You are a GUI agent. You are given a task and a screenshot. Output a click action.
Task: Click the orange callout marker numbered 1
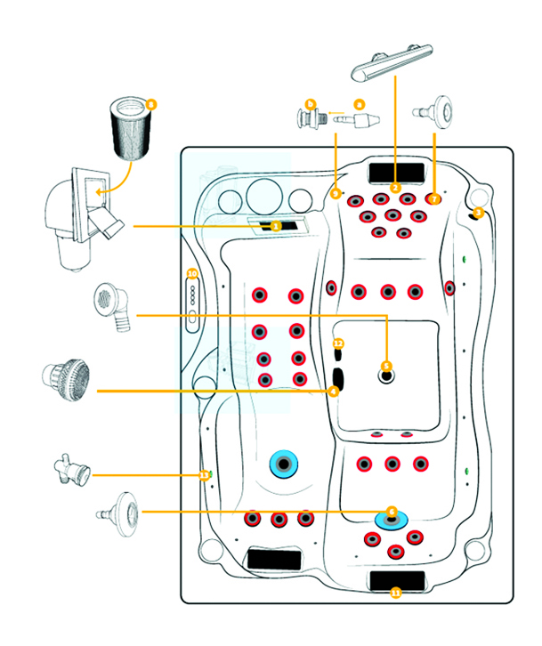coord(276,227)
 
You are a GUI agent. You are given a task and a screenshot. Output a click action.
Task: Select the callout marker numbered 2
coord(395,188)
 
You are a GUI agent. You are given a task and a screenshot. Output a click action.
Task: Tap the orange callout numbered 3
coord(478,213)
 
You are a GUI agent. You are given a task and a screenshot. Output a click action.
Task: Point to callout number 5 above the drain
coord(386,366)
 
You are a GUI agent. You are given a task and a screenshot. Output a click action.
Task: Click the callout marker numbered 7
coord(434,199)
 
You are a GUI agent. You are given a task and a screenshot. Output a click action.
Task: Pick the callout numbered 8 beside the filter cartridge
coord(151,104)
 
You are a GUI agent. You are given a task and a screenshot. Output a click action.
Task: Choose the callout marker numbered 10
coord(192,274)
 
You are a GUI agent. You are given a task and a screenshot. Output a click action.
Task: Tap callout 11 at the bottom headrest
coord(395,593)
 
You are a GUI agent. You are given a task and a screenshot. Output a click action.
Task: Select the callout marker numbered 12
coord(338,343)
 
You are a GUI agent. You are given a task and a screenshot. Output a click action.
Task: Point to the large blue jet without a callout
coord(286,464)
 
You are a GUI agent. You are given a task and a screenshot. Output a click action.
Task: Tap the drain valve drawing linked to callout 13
coord(70,468)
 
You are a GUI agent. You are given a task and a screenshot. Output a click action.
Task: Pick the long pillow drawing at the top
coord(392,61)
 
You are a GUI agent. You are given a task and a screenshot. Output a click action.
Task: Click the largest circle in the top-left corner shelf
coord(263,197)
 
